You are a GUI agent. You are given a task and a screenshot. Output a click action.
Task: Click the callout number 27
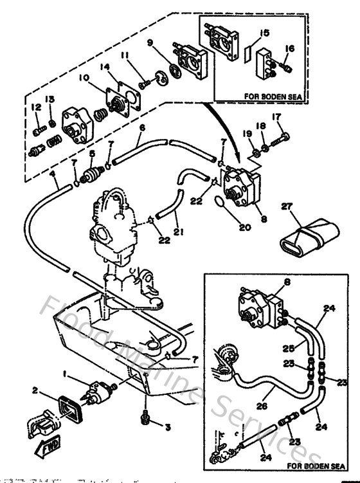[x=286, y=207]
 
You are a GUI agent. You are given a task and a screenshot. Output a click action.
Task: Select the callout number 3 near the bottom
[x=168, y=426]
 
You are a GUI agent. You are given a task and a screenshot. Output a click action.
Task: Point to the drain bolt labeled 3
[x=146, y=419]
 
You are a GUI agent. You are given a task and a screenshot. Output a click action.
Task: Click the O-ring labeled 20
[x=219, y=205]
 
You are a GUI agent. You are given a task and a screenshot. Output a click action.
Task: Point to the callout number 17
[x=278, y=117]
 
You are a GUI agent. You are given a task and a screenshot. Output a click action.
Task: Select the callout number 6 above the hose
[x=142, y=128]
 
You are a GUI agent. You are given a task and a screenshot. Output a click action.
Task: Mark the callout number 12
[x=35, y=107]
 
